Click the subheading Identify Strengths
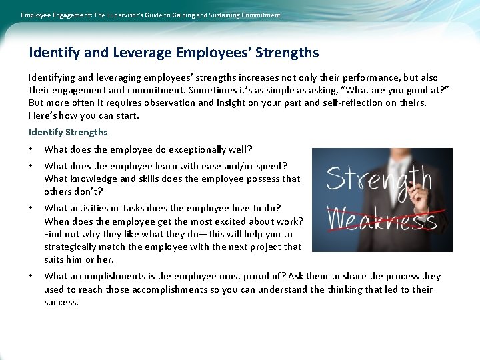pos(68,132)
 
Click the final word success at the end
pos(61,302)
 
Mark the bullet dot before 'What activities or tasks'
pos(31,209)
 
